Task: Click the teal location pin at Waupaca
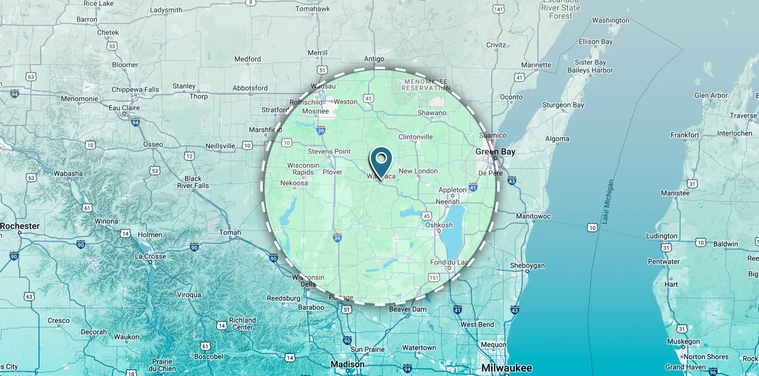click(x=381, y=160)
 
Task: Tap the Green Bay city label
click(x=495, y=152)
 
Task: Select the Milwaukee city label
click(x=507, y=368)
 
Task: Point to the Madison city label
click(x=347, y=364)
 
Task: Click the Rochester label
click(x=20, y=226)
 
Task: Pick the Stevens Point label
click(x=329, y=151)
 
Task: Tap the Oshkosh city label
click(x=439, y=225)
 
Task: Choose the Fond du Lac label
click(x=449, y=262)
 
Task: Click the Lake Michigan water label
click(x=608, y=201)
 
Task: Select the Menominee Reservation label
click(x=426, y=85)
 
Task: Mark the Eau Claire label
click(x=124, y=108)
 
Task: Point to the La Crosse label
click(x=150, y=256)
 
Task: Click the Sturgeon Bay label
click(x=563, y=105)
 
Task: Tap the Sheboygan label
click(x=527, y=266)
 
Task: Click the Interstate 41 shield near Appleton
click(x=473, y=187)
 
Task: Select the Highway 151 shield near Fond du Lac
click(x=434, y=277)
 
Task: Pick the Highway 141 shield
click(x=498, y=9)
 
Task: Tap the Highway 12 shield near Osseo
click(x=189, y=156)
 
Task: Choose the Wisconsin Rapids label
click(x=303, y=169)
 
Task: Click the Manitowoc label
click(x=533, y=216)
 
